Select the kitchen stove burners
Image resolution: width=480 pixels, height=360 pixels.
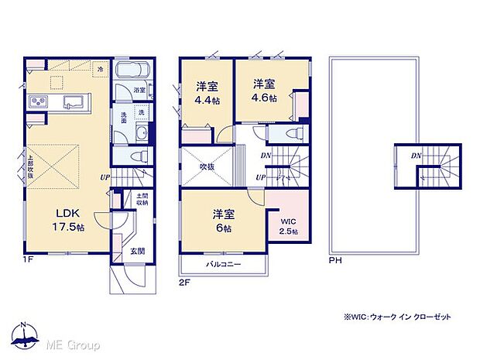tap(37, 103)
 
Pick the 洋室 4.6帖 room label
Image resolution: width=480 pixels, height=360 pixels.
tap(263, 91)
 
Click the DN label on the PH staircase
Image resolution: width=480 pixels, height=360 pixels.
tap(416, 156)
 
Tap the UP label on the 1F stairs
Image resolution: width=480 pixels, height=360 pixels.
tap(103, 177)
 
